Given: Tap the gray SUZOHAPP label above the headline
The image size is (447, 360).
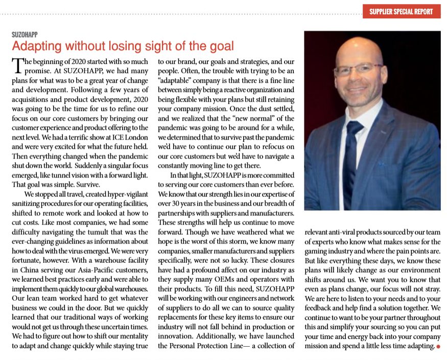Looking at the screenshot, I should [25, 35].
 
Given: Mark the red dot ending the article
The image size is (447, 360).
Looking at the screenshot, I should [438, 347].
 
